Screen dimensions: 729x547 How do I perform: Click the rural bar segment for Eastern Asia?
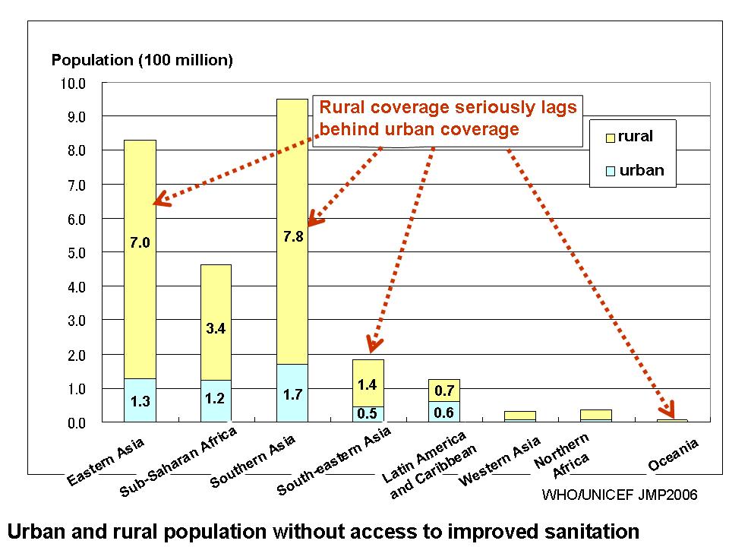[140, 259]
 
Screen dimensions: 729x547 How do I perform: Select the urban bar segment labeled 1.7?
[292, 393]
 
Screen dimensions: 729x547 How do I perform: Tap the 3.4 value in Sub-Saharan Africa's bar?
[216, 328]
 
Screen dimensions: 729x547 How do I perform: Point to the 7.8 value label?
[293, 236]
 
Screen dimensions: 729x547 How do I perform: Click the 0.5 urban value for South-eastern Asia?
[368, 413]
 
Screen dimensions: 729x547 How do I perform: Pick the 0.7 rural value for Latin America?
[444, 390]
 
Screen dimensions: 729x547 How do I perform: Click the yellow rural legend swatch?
[611, 138]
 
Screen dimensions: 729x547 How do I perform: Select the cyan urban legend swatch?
[611, 171]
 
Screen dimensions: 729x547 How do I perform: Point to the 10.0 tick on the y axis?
[73, 84]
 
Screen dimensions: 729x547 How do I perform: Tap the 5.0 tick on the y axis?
[77, 254]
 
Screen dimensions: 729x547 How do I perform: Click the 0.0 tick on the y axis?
[77, 423]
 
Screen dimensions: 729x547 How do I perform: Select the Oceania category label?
[674, 454]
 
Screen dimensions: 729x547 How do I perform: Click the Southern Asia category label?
[252, 461]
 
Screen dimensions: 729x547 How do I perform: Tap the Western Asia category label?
[500, 461]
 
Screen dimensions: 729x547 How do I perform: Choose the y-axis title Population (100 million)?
[142, 60]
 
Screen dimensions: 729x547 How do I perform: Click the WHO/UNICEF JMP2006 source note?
[620, 494]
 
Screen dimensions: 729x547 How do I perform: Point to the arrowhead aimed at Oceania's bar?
[668, 409]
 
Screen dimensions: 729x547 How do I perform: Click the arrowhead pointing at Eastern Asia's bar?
[161, 199]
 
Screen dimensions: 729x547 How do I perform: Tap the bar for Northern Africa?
[596, 416]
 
